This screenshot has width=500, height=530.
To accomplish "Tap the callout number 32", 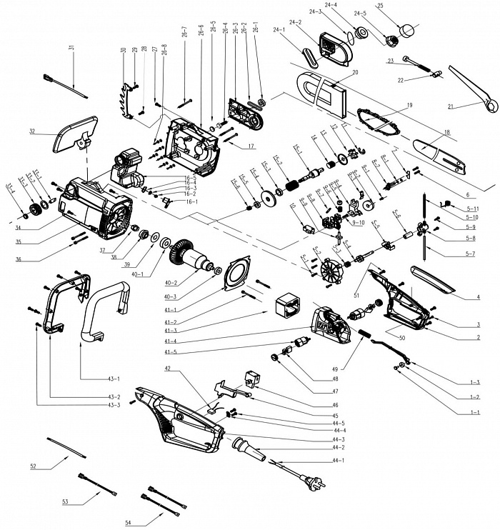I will (x=33, y=131).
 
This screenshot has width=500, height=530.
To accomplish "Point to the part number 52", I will (x=33, y=466).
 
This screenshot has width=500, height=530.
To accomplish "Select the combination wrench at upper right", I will (x=471, y=89).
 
